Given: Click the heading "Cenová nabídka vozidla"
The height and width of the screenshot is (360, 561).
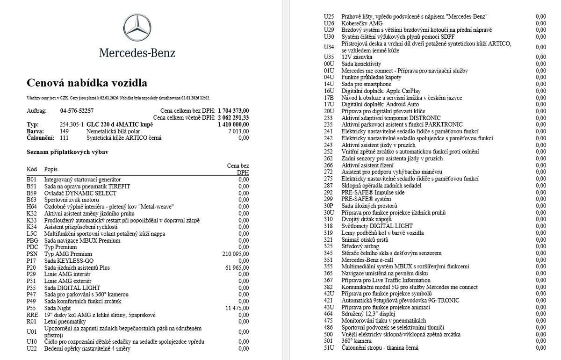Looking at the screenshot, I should tap(87, 83).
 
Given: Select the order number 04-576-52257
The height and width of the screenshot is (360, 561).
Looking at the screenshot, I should tap(77, 111).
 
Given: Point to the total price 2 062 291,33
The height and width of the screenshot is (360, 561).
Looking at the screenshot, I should tap(233, 118).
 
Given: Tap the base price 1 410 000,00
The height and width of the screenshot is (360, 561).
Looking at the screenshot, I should tap(233, 125).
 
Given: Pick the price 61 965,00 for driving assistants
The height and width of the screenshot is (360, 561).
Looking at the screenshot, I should tap(237, 267).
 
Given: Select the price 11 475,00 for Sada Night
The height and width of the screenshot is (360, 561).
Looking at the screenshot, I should tap(237, 308).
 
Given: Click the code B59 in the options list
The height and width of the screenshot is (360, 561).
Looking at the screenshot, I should tap(31, 193).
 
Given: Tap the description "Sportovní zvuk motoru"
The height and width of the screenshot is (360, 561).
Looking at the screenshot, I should tap(72, 200).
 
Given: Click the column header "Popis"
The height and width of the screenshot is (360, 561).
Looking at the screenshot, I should tap(51, 169).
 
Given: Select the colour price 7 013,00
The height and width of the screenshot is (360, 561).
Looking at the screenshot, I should tap(238, 131).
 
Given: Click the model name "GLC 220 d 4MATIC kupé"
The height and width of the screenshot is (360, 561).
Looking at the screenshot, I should tap(120, 125).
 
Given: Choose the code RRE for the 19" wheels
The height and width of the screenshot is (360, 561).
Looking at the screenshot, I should tap(32, 315).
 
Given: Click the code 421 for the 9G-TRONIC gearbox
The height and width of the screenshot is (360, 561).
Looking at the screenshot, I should tap(328, 300).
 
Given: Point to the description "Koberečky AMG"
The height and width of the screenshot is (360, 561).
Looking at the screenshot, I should tap(362, 23).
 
